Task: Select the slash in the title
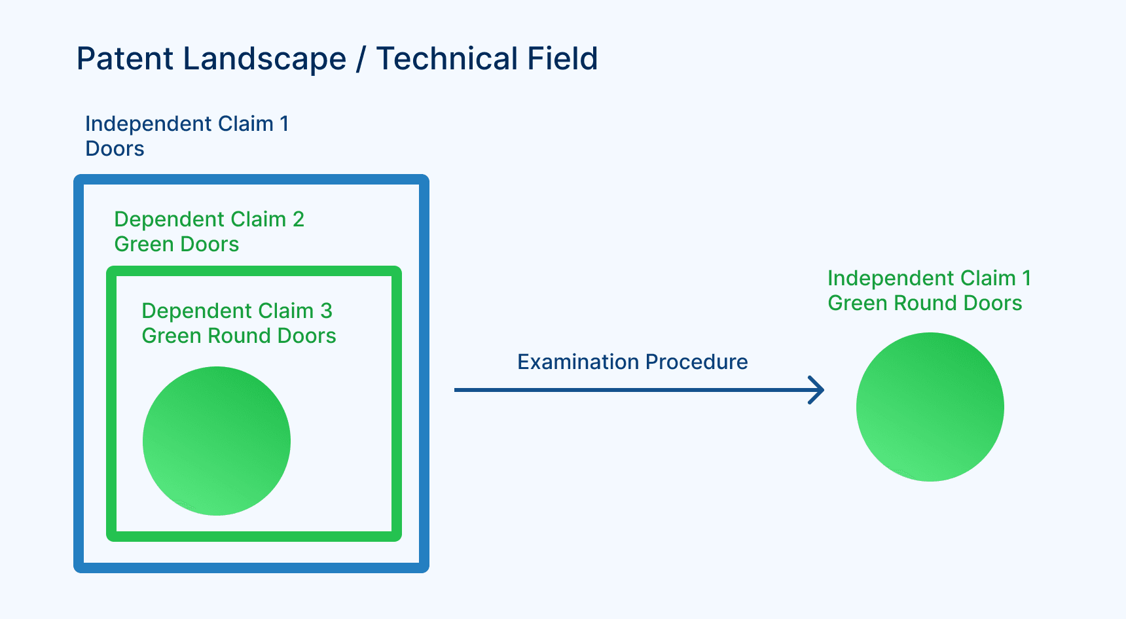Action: pyautogui.click(x=361, y=60)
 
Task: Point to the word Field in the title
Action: pyautogui.click(x=562, y=59)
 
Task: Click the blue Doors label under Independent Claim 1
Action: pyautogui.click(x=115, y=149)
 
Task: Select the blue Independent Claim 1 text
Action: pyautogui.click(x=187, y=124)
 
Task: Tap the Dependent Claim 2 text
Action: pyautogui.click(x=209, y=219)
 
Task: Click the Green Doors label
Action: pyautogui.click(x=176, y=244)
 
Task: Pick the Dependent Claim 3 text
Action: pyautogui.click(x=237, y=311)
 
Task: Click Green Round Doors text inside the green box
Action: pyautogui.click(x=238, y=336)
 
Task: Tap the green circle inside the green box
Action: pyautogui.click(x=217, y=441)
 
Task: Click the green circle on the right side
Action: pyautogui.click(x=930, y=407)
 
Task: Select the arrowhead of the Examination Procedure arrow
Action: pyautogui.click(x=818, y=390)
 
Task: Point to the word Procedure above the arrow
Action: pyautogui.click(x=697, y=362)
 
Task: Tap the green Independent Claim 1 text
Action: pyautogui.click(x=929, y=278)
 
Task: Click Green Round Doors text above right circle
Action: pyautogui.click(x=924, y=303)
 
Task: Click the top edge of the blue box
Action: pyautogui.click(x=251, y=179)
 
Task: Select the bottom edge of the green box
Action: pyautogui.click(x=254, y=537)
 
